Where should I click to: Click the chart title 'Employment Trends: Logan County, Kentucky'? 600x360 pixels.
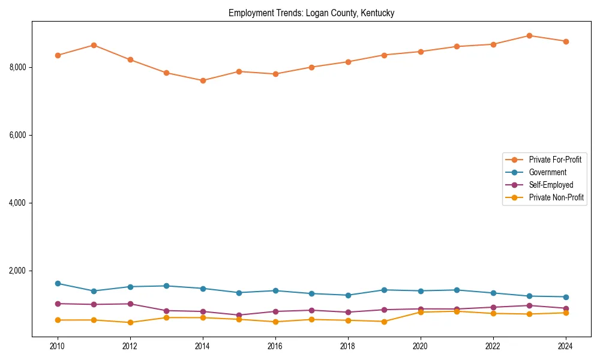[x=311, y=13]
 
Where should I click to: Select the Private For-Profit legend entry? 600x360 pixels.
[x=555, y=160]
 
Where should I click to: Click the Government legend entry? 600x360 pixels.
[x=547, y=172]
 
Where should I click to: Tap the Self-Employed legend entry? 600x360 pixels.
[x=551, y=185]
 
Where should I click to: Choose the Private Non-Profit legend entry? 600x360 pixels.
[x=556, y=197]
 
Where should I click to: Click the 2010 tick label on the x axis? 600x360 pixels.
[x=58, y=346]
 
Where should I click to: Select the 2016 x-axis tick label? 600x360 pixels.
[x=275, y=346]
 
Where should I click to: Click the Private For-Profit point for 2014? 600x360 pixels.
[x=203, y=80]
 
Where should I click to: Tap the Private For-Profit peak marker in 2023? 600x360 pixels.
[x=529, y=35]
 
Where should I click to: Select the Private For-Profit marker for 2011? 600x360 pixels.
[x=94, y=45]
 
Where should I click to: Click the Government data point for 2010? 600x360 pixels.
[x=58, y=283]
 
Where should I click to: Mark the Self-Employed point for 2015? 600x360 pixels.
[x=239, y=315]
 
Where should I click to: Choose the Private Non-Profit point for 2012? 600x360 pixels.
[x=130, y=322]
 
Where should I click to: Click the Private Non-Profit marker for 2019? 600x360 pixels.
[x=384, y=322]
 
